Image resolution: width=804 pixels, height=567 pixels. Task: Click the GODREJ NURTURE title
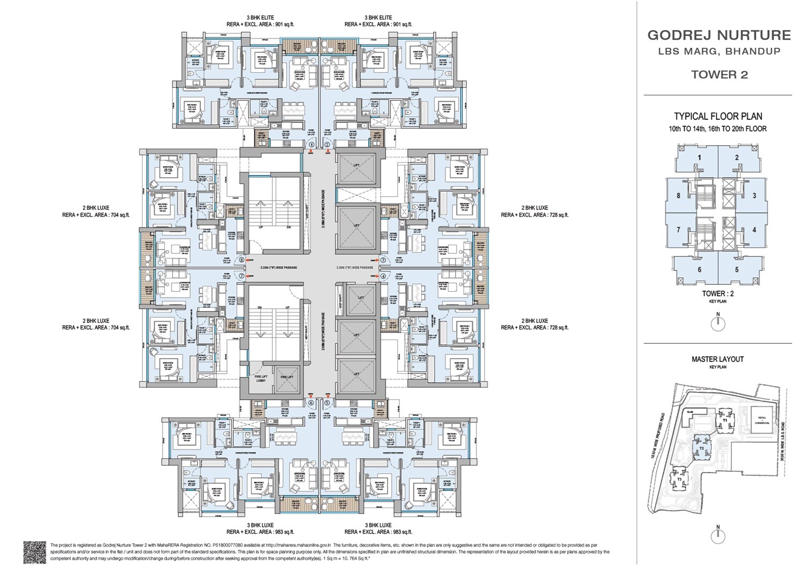[719, 35]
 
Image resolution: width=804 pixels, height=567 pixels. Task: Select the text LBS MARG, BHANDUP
[719, 52]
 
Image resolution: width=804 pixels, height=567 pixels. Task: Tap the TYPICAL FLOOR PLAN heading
[718, 116]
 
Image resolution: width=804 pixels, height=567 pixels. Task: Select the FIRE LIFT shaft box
[287, 377]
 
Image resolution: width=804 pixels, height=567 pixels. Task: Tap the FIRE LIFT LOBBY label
[261, 378]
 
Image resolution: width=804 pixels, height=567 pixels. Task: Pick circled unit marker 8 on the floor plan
[242, 261]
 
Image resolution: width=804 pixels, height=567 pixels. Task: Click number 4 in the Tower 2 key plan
[754, 230]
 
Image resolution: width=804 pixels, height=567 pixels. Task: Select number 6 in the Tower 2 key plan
[699, 269]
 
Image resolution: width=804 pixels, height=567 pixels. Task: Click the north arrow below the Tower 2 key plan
[718, 323]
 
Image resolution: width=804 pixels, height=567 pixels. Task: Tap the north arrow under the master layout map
[718, 535]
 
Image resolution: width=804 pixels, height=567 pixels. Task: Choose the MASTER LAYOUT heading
[718, 359]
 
